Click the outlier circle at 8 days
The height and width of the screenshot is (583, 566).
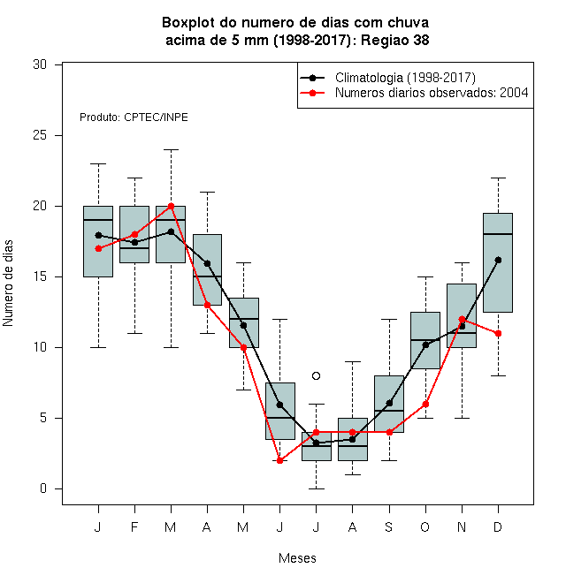tap(316, 376)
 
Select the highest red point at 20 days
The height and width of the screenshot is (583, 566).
tap(171, 206)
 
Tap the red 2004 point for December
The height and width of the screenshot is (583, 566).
tap(498, 334)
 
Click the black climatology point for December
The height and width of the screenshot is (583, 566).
tap(498, 260)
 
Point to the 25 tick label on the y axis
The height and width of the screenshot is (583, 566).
tap(40, 135)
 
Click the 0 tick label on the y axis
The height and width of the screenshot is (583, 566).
tap(43, 488)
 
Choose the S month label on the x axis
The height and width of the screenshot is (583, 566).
tap(389, 526)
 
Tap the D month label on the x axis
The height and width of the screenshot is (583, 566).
tap(498, 526)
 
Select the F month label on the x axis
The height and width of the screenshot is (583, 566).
tap(134, 526)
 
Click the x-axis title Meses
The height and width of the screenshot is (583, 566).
tap(297, 558)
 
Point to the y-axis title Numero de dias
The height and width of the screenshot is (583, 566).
tap(8, 284)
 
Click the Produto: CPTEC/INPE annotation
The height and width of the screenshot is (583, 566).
tap(134, 117)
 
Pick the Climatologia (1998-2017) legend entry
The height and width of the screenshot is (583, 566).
tap(387, 78)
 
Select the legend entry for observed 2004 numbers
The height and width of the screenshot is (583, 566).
tap(414, 93)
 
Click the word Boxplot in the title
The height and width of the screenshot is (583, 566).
tap(188, 23)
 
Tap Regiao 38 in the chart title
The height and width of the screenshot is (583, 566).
tap(394, 40)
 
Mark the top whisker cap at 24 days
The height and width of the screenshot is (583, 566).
tap(171, 149)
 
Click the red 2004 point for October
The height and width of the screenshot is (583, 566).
tap(425, 405)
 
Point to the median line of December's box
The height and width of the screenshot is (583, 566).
tap(498, 234)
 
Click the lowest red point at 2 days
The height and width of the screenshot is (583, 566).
tap(279, 461)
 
